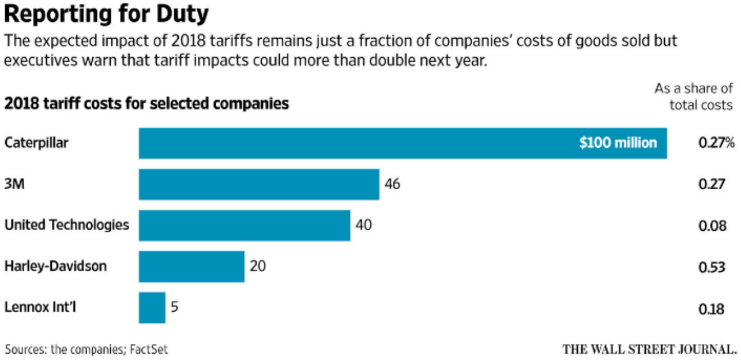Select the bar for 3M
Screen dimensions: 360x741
(x=259, y=185)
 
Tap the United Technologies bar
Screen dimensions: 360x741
(x=245, y=226)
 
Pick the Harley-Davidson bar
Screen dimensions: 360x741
(x=191, y=267)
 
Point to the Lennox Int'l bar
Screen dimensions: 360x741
(x=152, y=307)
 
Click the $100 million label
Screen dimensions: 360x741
(x=618, y=143)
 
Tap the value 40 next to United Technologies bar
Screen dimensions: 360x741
(x=363, y=226)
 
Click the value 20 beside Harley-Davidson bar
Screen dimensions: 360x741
(x=257, y=267)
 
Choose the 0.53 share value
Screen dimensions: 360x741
(x=712, y=267)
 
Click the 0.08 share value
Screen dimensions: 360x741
(x=712, y=226)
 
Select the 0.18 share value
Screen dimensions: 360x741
(x=712, y=309)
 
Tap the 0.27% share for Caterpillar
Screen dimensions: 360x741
(x=716, y=144)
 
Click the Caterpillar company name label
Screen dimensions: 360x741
(x=36, y=143)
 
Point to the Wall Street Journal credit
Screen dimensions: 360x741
(x=649, y=349)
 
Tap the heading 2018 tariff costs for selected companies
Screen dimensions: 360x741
(x=146, y=104)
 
